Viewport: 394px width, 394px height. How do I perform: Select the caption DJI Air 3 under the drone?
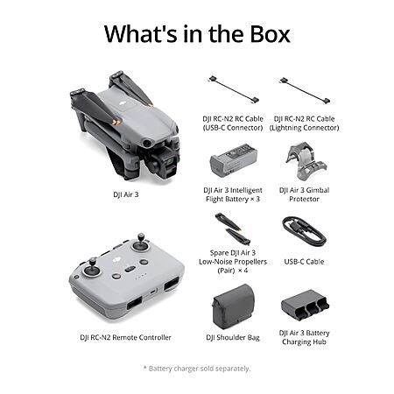click(126, 194)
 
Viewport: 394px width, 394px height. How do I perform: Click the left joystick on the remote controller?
click(92, 268)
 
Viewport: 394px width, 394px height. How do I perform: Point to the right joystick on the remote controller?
click(141, 243)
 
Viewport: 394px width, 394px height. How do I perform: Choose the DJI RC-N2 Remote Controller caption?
click(125, 337)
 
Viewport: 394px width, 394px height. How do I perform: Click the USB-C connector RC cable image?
click(234, 90)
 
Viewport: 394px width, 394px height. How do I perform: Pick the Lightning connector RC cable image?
click(305, 90)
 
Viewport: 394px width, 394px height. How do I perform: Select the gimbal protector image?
click(306, 161)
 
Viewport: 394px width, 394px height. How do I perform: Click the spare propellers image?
click(233, 229)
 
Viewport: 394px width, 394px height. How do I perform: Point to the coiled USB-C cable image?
click(304, 232)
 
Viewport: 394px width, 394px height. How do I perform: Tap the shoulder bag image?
click(234, 306)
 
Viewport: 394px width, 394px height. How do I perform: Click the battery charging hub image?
click(305, 305)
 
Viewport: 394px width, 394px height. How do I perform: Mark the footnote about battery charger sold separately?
click(197, 369)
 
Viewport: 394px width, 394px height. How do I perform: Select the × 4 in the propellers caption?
click(243, 271)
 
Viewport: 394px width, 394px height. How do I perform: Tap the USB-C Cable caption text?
click(304, 262)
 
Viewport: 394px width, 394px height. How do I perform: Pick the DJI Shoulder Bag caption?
click(233, 338)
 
